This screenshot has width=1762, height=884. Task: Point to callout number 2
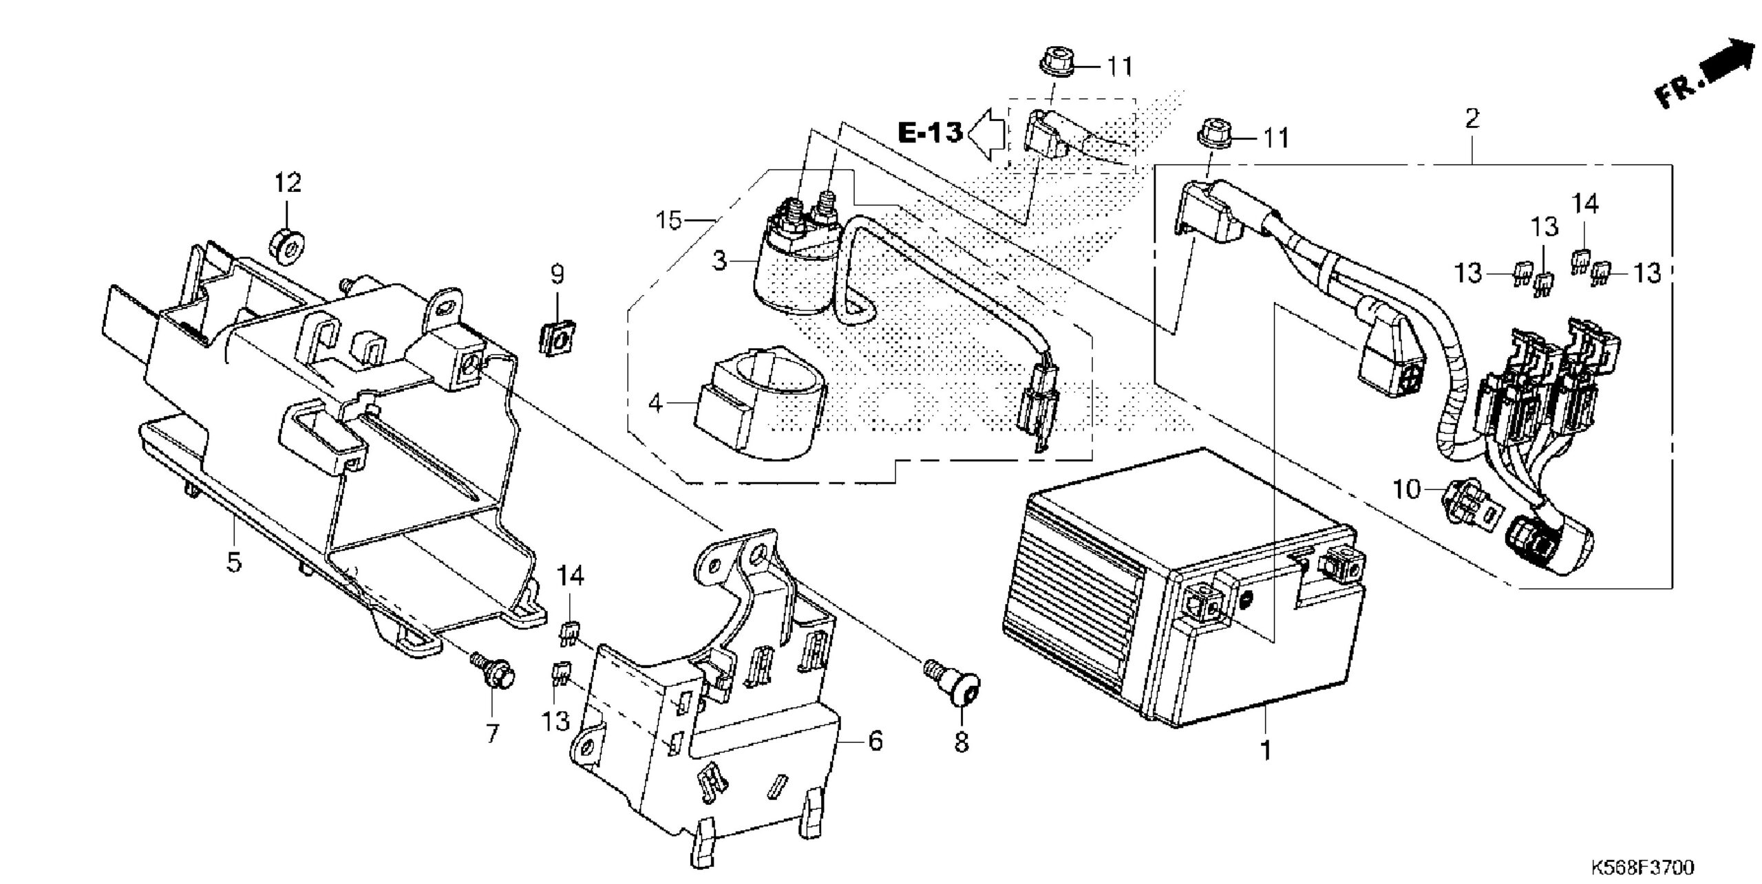pos(1472,118)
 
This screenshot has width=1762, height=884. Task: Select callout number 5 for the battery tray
pos(235,562)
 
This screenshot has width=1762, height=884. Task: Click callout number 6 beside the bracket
pos(875,741)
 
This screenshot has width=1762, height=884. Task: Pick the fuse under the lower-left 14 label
pos(569,632)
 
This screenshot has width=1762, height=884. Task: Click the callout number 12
pos(288,182)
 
